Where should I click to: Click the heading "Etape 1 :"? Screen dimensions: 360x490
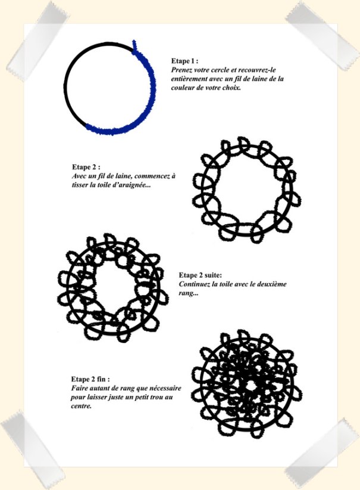[x=184, y=61]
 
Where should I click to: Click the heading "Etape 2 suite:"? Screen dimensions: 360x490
[x=200, y=275]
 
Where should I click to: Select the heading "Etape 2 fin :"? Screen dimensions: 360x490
[x=90, y=379]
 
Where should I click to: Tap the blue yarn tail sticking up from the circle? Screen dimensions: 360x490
[x=134, y=46]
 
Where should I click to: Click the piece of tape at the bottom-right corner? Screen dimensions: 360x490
[x=322, y=453]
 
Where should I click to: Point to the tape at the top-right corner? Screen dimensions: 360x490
[x=322, y=36]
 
